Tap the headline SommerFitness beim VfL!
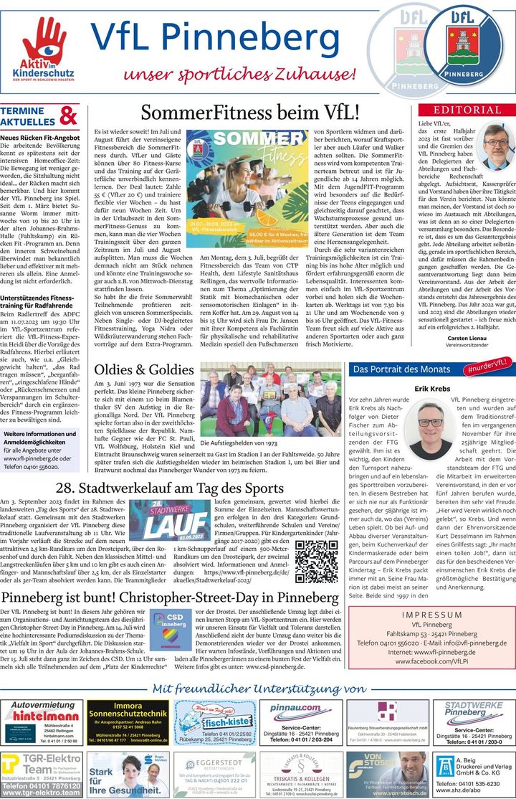pyautogui.click(x=249, y=113)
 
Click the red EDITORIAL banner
pyautogui.click(x=466, y=110)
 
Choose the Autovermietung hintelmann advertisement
pyautogui.click(x=44, y=722)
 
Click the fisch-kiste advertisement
pyautogui.click(x=212, y=722)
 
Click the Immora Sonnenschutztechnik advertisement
pyautogui.click(x=128, y=722)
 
